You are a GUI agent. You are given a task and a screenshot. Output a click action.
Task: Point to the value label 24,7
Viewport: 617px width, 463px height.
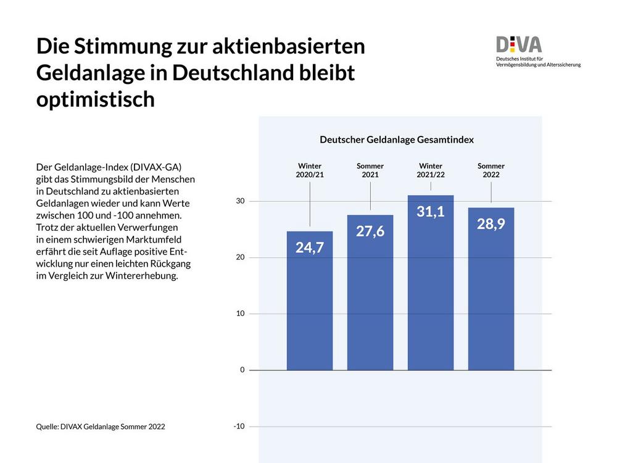[310, 248]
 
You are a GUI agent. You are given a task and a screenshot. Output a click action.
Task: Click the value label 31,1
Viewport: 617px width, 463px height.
[431, 212]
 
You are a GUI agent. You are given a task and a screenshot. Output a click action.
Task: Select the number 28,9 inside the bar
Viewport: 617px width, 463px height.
[491, 224]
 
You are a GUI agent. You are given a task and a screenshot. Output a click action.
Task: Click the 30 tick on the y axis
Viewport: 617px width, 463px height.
[239, 201]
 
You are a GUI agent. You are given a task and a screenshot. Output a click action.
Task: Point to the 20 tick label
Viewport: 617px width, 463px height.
[239, 257]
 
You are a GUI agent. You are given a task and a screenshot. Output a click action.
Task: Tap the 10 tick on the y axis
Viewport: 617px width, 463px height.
[239, 314]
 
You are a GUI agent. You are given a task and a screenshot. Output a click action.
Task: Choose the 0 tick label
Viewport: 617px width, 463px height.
[242, 370]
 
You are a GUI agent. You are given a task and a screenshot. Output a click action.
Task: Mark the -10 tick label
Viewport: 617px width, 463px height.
[238, 426]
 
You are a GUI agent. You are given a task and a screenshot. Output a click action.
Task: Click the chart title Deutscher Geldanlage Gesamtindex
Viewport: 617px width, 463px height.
[397, 140]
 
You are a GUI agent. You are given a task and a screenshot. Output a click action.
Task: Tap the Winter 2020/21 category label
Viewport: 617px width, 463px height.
[310, 170]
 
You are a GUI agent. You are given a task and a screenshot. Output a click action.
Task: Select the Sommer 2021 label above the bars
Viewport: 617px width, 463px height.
[370, 170]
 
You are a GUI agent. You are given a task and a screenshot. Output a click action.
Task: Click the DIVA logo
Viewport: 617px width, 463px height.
[519, 45]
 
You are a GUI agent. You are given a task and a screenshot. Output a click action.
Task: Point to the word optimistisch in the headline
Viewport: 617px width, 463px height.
[96, 99]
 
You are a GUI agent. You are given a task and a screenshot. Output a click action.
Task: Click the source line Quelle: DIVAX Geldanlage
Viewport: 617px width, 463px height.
[101, 426]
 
